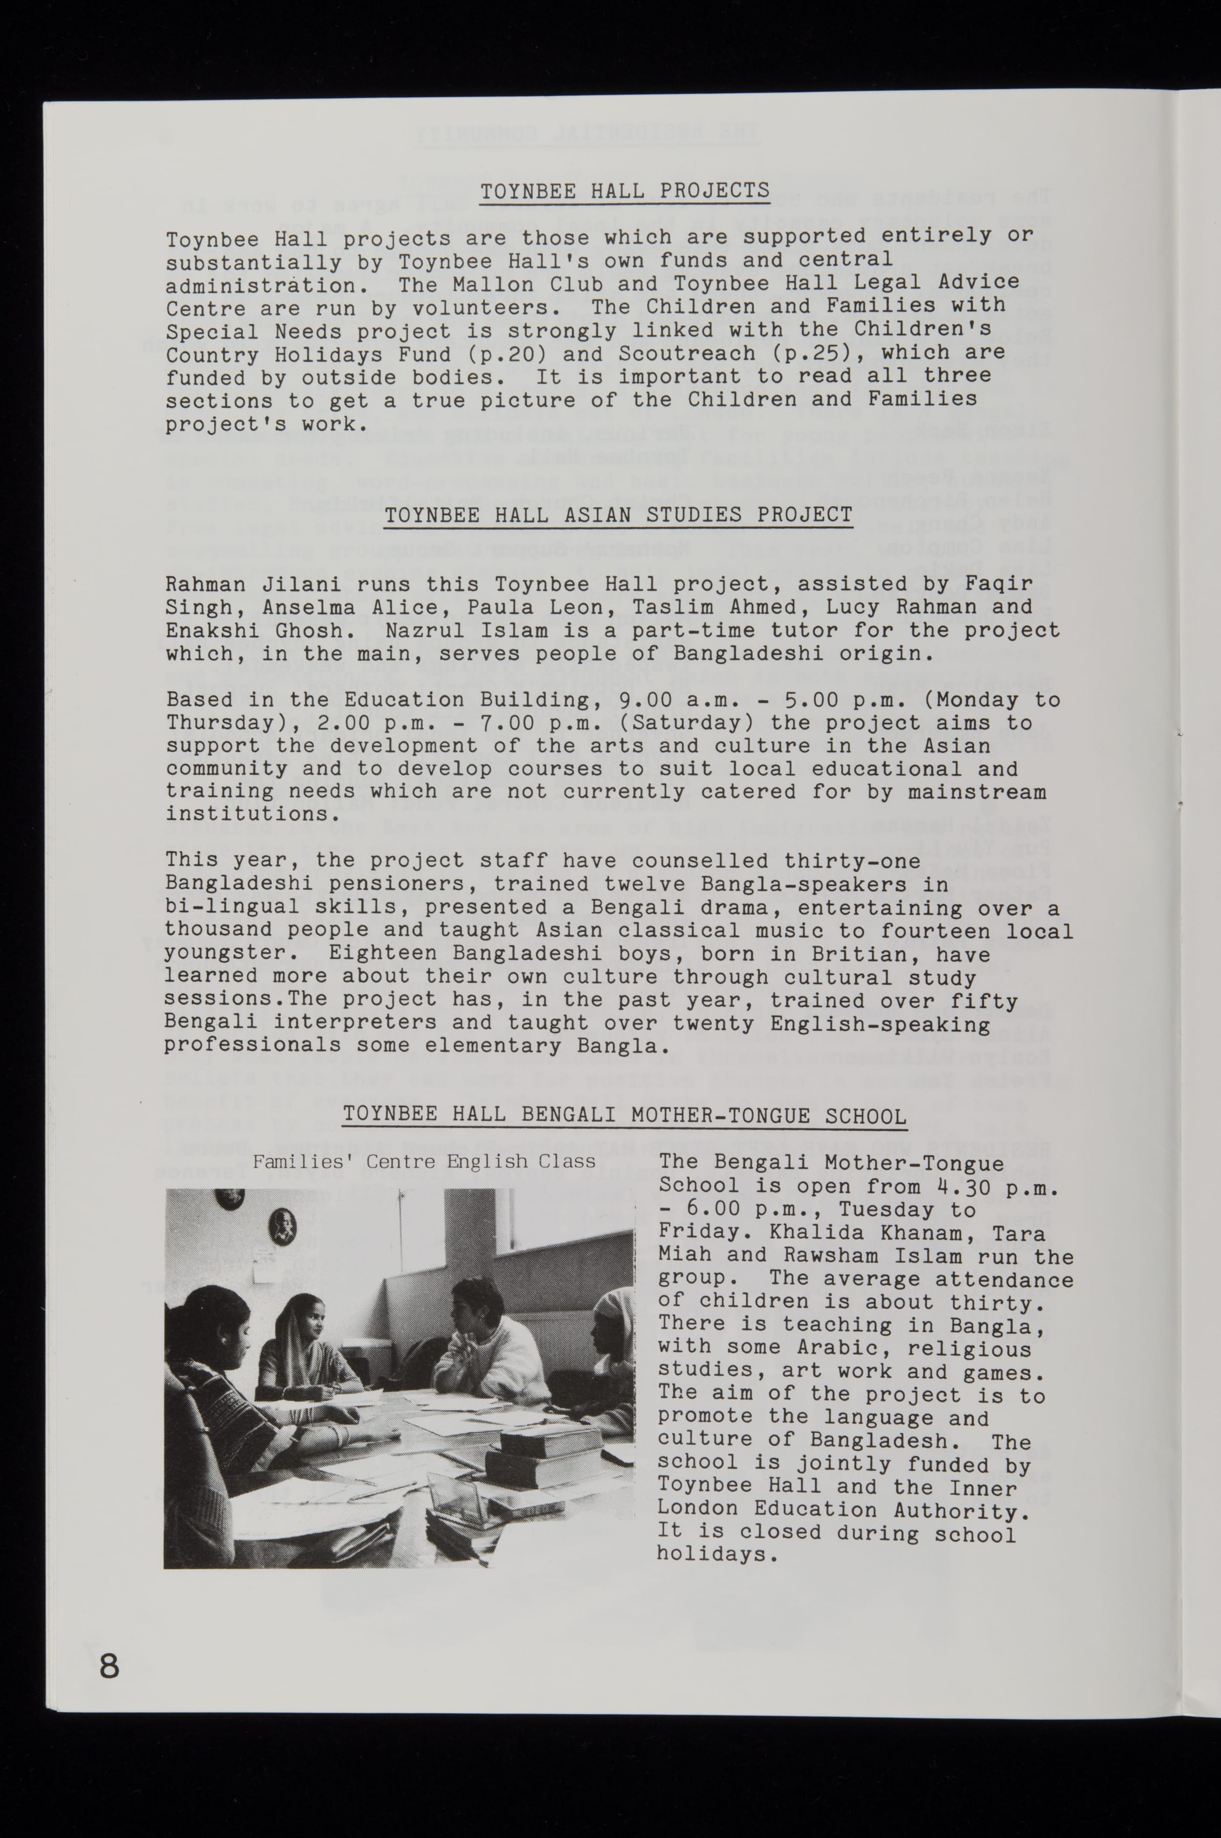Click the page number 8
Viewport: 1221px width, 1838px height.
click(x=109, y=1665)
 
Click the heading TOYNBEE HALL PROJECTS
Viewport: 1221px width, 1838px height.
click(x=625, y=191)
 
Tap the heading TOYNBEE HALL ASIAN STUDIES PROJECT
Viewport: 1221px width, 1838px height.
click(x=618, y=515)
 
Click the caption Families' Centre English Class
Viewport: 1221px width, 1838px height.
click(x=423, y=1162)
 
